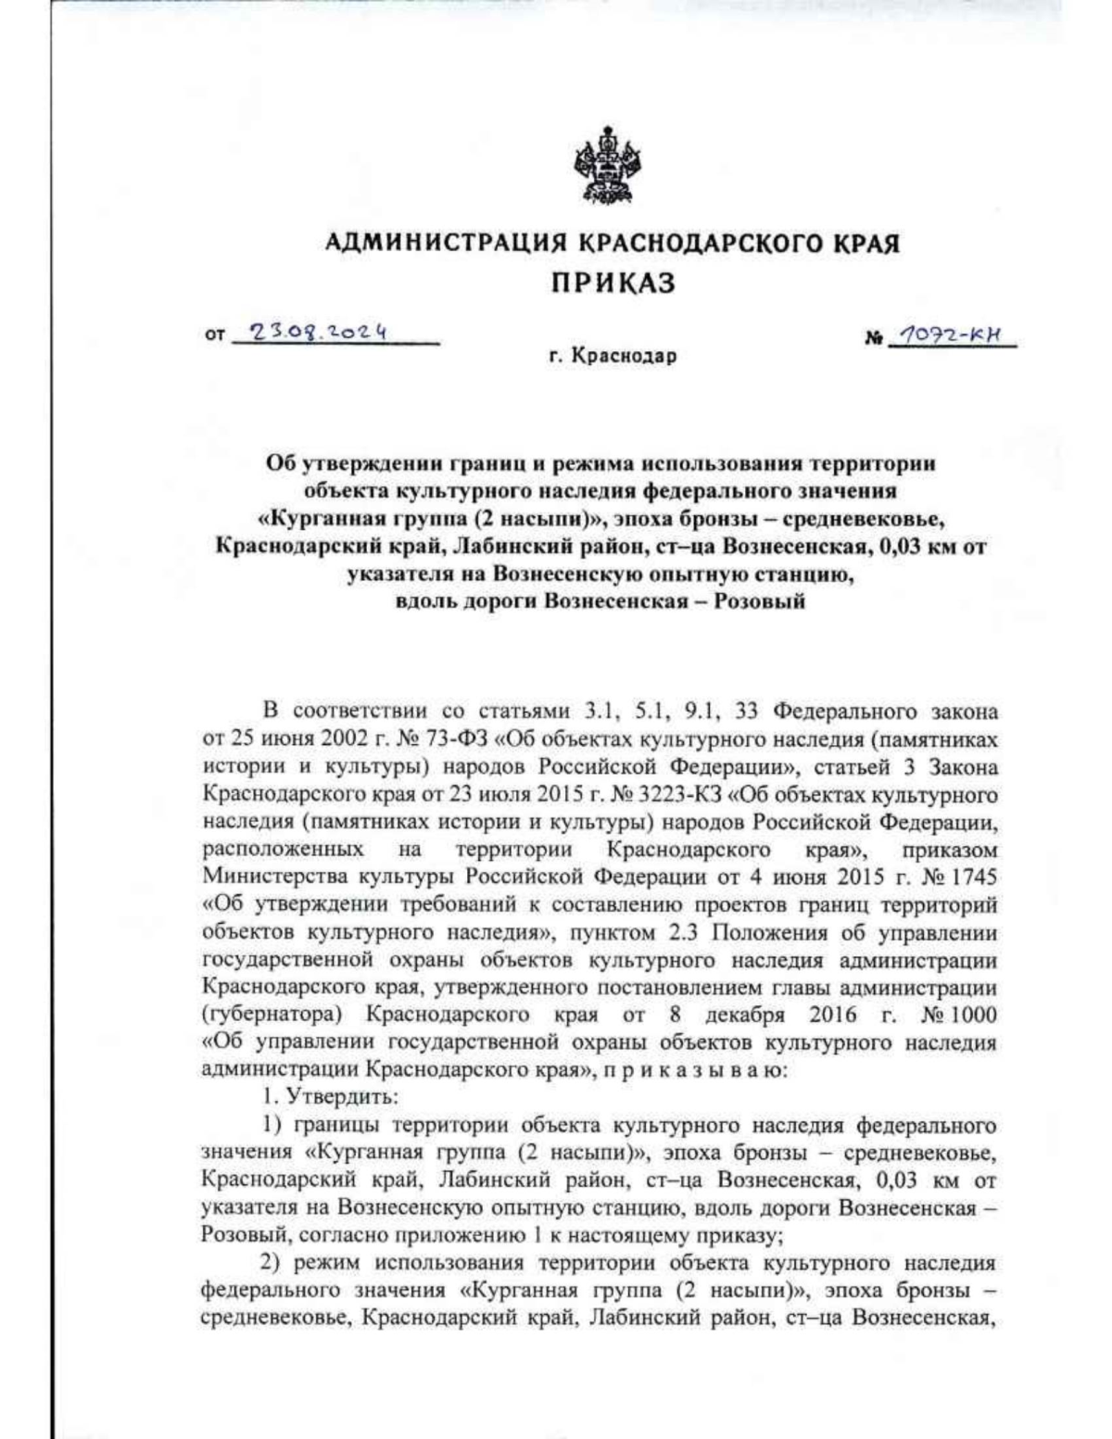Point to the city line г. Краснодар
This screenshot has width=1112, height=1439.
pyautogui.click(x=613, y=356)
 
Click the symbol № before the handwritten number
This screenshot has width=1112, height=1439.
pyautogui.click(x=872, y=339)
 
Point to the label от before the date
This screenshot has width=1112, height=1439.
pyautogui.click(x=214, y=339)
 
